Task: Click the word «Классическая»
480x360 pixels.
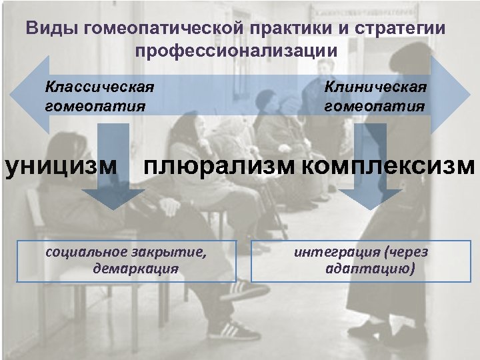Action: pyautogui.click(x=99, y=87)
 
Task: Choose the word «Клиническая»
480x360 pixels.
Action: pyautogui.click(x=375, y=87)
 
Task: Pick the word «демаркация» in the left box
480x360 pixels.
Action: pyautogui.click(x=137, y=269)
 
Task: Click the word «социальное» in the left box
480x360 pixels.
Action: pyautogui.click(x=84, y=252)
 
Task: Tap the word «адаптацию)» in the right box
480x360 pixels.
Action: pyautogui.click(x=371, y=269)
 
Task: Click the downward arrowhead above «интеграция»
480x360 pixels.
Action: pyautogui.click(x=366, y=198)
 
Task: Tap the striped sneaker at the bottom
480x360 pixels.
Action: pyautogui.click(x=233, y=329)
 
